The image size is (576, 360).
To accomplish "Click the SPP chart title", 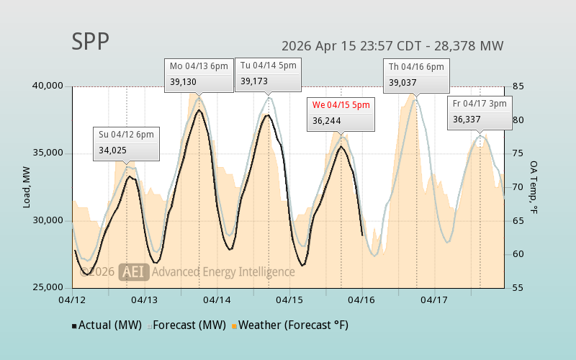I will tap(91, 42).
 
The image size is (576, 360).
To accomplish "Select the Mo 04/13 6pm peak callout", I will tap(199, 74).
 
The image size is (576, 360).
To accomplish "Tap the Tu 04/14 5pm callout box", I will tap(268, 74).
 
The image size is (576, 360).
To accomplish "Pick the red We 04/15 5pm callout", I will tap(341, 113).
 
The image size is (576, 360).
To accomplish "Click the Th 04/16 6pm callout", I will tap(417, 74).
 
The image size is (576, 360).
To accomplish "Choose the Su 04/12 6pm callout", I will tap(126, 143).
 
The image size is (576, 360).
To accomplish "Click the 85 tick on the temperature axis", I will tap(517, 86).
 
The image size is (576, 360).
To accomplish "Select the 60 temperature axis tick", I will tap(517, 254).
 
